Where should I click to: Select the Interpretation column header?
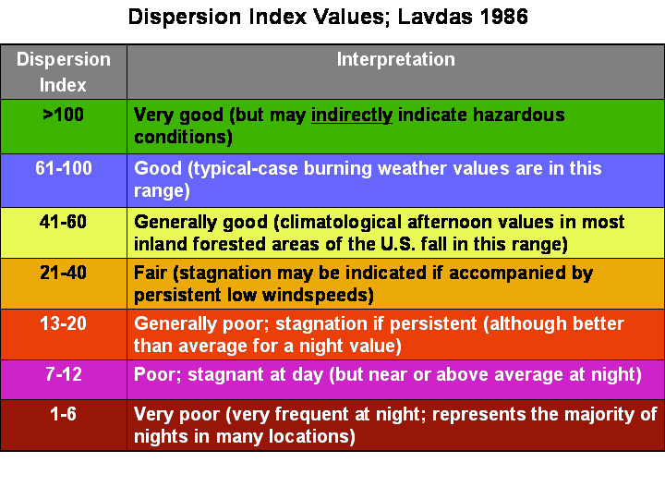pos(395,60)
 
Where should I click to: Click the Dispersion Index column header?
pos(63,72)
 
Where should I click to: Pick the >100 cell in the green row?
pos(63,116)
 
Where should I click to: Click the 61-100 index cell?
pos(63,169)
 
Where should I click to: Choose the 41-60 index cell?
pos(63,223)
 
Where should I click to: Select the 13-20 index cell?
pos(63,324)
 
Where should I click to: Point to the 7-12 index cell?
pos(63,374)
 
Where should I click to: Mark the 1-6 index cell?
pos(63,415)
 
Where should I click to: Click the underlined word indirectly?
pos(352,116)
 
